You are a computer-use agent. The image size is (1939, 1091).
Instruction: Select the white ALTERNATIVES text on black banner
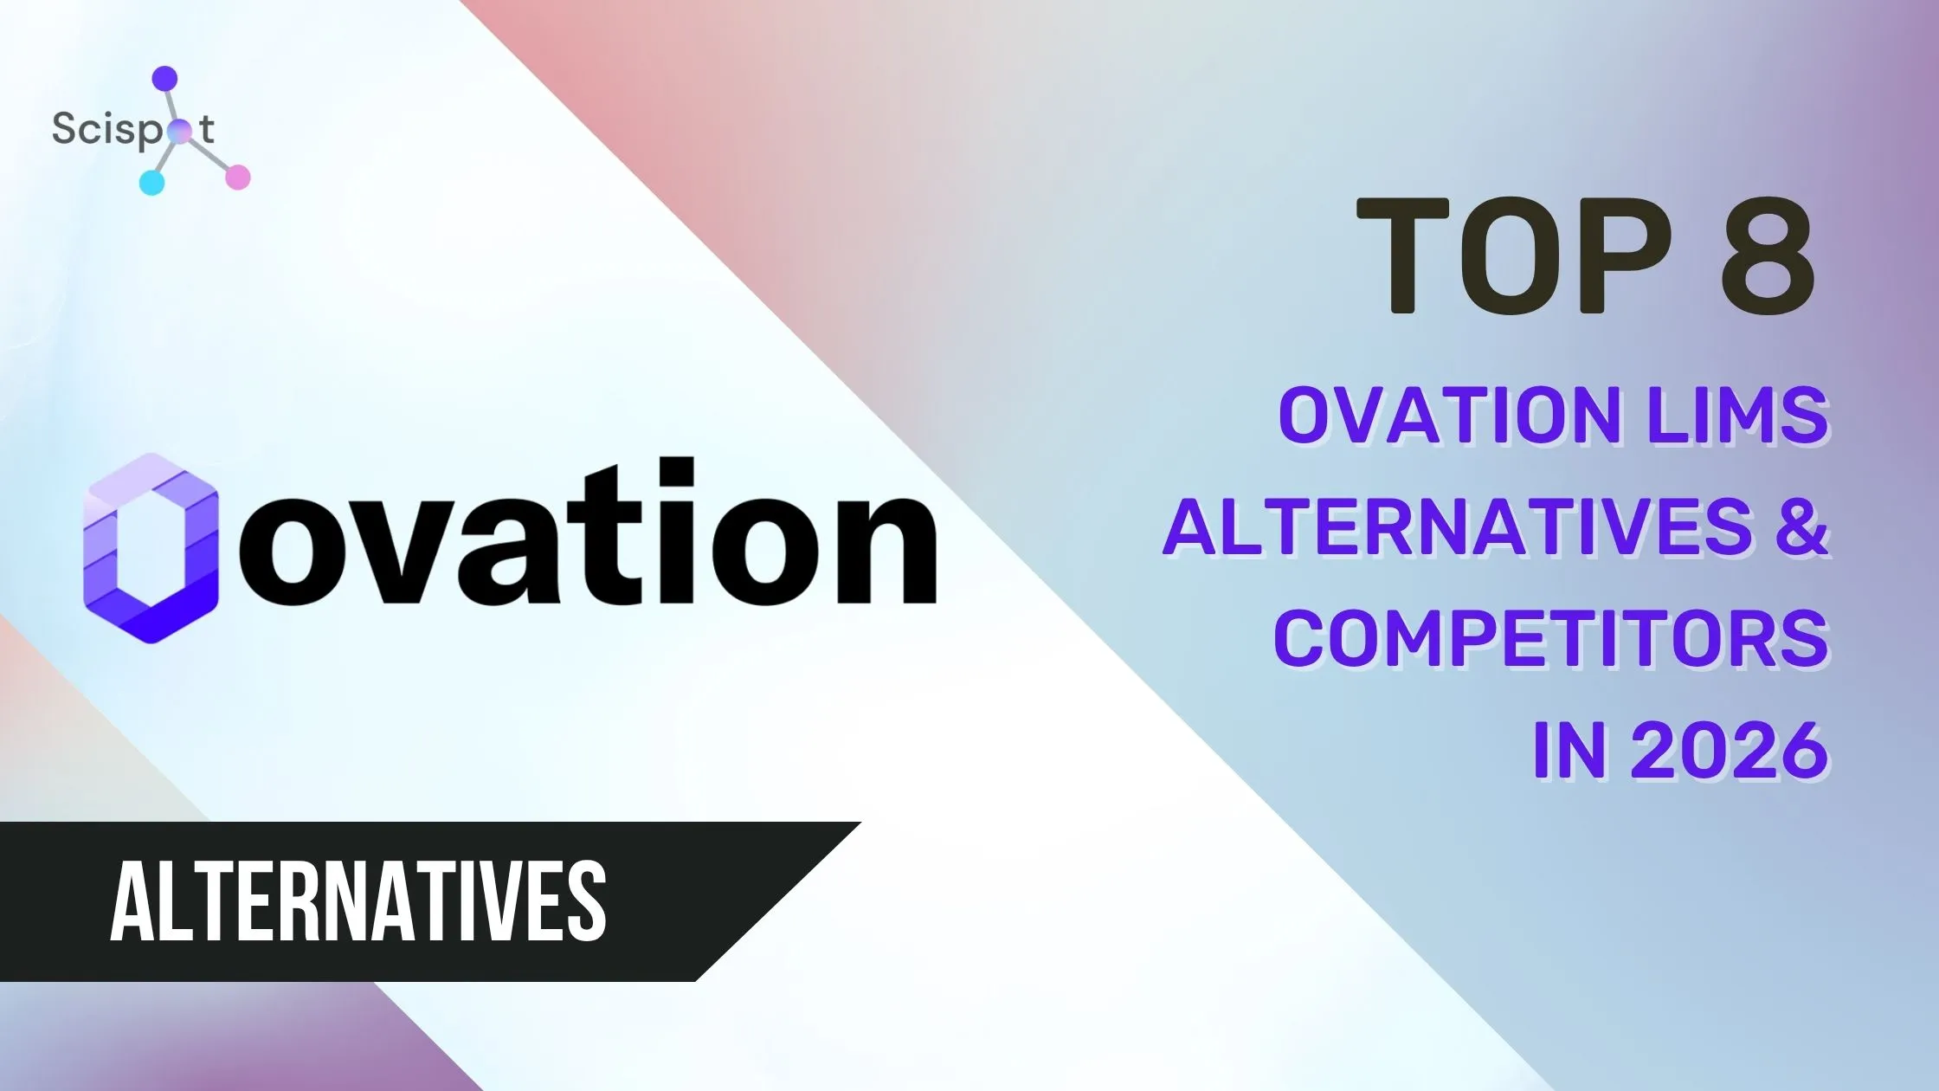358,901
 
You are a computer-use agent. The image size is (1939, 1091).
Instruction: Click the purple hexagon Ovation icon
150,549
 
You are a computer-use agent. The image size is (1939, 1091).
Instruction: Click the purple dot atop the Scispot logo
164,79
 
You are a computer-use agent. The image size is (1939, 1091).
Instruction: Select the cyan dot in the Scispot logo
151,182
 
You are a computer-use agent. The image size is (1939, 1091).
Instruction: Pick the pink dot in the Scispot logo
237,177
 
